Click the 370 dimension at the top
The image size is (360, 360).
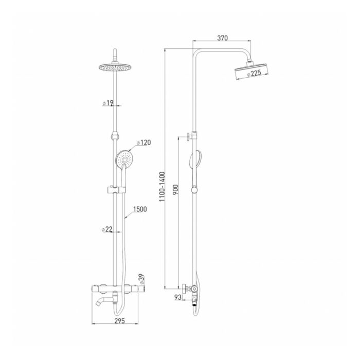point(222,38)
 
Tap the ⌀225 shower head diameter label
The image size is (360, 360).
point(254,74)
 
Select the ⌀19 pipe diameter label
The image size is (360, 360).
point(108,103)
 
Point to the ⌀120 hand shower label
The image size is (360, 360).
point(143,142)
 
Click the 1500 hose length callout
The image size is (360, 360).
point(140,209)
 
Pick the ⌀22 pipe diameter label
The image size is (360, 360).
point(107,229)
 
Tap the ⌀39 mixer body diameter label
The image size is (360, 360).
point(142,279)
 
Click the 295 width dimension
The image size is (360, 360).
point(120,321)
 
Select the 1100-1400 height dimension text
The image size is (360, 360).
point(162,187)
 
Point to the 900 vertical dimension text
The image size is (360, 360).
point(176,190)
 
